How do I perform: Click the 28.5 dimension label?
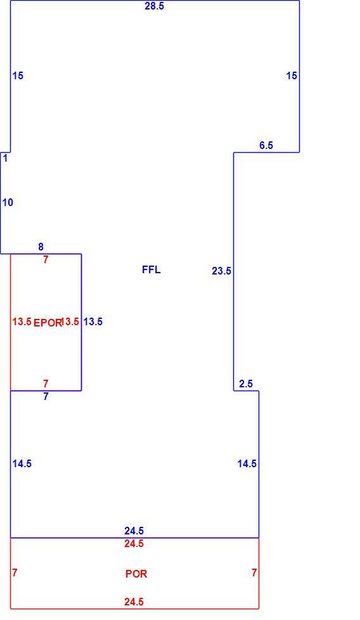[x=154, y=6]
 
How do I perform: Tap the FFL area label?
[x=151, y=269]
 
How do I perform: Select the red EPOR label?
[x=48, y=323]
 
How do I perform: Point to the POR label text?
[x=136, y=574]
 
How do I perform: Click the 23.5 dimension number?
[x=221, y=271]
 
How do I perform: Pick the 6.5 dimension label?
[x=266, y=145]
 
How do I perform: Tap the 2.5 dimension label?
[x=246, y=384]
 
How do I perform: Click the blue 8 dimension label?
[x=41, y=247]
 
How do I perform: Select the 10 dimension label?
[x=8, y=202]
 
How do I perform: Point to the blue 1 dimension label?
[x=6, y=158]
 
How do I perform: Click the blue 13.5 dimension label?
[x=93, y=321]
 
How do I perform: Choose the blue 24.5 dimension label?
[x=134, y=531]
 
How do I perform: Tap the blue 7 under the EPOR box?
[x=46, y=396]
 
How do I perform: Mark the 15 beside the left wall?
[x=18, y=75]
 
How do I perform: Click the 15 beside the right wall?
[x=292, y=75]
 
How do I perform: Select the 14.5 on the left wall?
[x=22, y=463]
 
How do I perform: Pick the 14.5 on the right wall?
[x=247, y=463]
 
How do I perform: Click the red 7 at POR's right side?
[x=254, y=572]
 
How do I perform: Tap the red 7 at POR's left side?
[x=15, y=572]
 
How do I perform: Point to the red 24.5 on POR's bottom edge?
[x=134, y=602]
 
